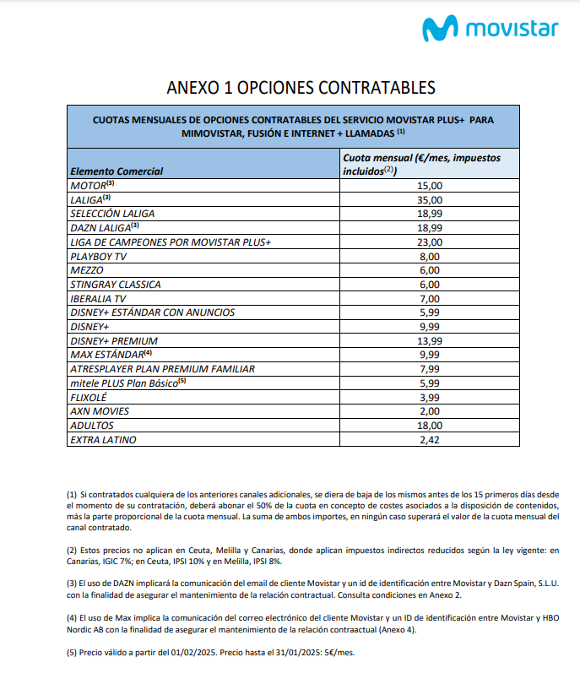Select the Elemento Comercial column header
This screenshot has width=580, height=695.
click(117, 171)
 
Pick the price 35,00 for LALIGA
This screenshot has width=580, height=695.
click(430, 199)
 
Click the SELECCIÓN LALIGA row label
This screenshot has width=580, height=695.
click(112, 214)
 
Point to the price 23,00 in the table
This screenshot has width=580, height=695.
click(430, 242)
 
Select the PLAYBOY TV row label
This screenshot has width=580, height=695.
click(99, 256)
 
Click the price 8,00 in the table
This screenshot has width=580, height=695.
click(430, 256)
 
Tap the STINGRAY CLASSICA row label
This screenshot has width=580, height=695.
click(115, 285)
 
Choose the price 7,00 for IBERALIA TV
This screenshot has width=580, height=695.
click(430, 299)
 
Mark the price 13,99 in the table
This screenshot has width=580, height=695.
click(430, 340)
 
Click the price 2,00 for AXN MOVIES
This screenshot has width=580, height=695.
click(430, 411)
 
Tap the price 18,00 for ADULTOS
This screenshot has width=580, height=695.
click(430, 426)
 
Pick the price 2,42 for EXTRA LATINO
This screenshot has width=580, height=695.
click(430, 440)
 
